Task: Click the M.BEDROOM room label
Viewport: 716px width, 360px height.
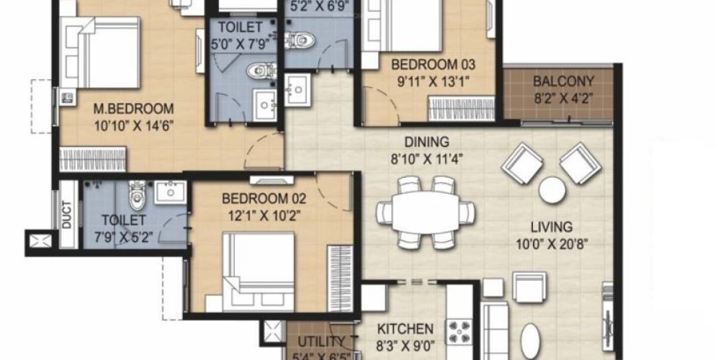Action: [x=135, y=109]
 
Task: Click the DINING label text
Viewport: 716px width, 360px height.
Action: [x=427, y=142]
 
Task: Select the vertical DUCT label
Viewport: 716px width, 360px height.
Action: [x=66, y=215]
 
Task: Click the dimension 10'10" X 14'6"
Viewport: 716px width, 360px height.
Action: [x=135, y=125]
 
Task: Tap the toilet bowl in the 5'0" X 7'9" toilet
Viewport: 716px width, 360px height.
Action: [x=256, y=71]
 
